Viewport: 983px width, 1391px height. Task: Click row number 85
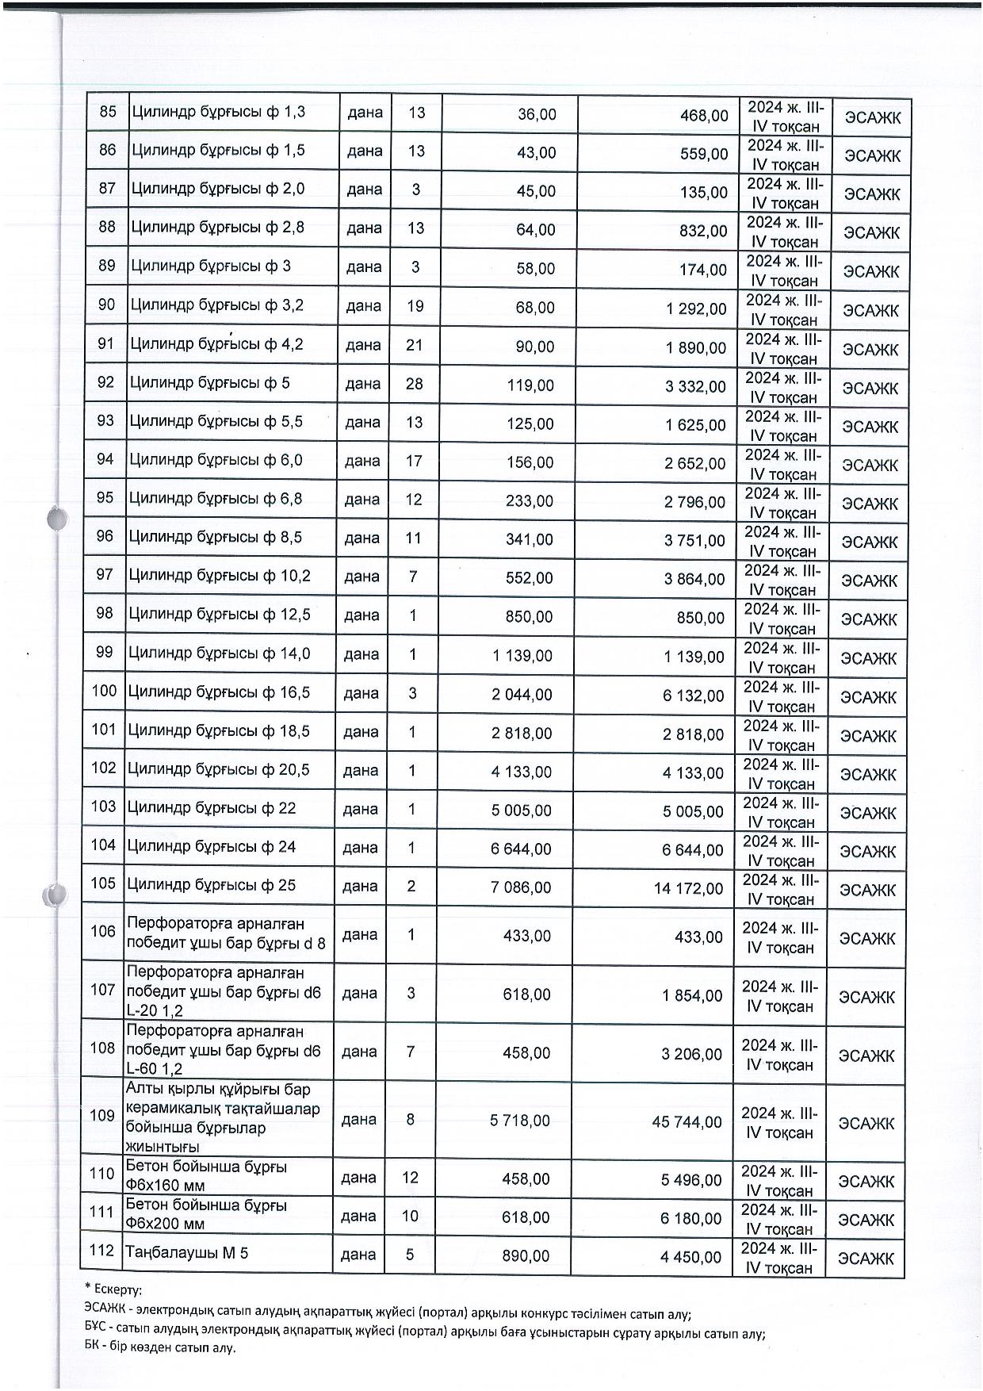click(x=108, y=112)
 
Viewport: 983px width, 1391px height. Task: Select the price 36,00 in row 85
click(x=537, y=114)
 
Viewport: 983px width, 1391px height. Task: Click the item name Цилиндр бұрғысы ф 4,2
click(x=216, y=344)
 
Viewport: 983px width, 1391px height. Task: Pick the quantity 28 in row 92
click(x=415, y=384)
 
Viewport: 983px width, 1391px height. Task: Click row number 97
click(x=105, y=574)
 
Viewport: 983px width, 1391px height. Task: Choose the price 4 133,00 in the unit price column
click(x=522, y=772)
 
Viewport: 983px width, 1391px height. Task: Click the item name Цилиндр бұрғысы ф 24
click(x=212, y=846)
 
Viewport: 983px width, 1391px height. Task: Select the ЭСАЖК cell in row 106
click(x=866, y=939)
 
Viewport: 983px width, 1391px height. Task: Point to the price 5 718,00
click(x=520, y=1121)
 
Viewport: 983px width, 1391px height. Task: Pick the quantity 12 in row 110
click(x=410, y=1178)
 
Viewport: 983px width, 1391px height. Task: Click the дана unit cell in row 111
click(x=358, y=1216)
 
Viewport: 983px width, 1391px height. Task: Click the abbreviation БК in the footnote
click(x=92, y=1347)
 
